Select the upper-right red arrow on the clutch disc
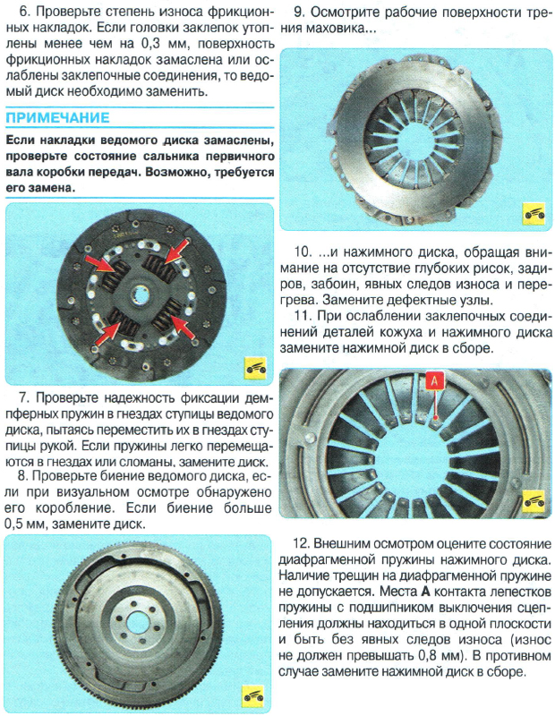pos(176,249)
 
